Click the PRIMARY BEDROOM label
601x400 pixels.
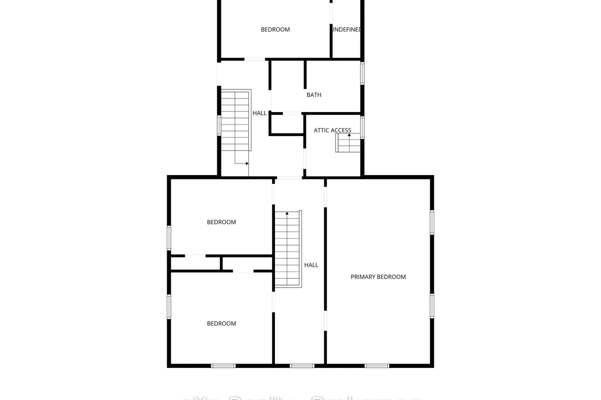(378, 276)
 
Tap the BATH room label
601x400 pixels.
(314, 95)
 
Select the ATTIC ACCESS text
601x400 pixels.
(333, 130)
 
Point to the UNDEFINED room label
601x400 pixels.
(346, 29)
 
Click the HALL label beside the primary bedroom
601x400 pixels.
(311, 265)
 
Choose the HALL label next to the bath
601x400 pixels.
(259, 113)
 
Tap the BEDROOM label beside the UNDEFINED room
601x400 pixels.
(275, 29)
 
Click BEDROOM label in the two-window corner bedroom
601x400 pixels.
(221, 323)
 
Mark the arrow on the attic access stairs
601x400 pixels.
(349, 136)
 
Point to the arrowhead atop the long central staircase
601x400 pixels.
(287, 213)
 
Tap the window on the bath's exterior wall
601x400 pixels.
(362, 72)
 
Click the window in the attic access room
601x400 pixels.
(362, 127)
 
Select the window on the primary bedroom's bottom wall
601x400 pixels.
(377, 366)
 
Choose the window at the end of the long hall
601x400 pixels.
(302, 366)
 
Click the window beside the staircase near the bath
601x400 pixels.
(219, 125)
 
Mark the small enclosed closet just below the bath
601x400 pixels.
(287, 124)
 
